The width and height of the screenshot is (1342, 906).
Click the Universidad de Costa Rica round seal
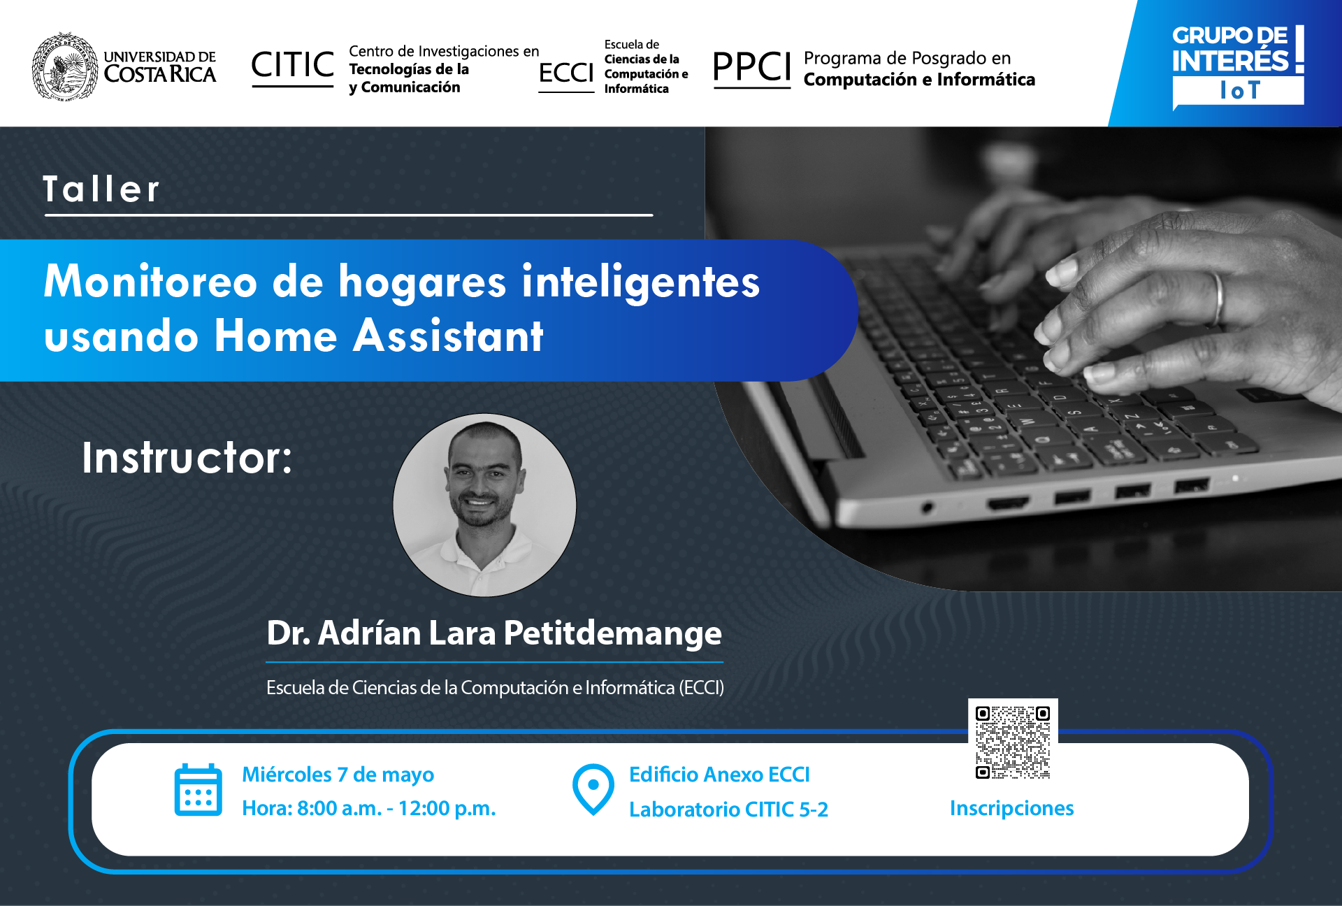(x=65, y=66)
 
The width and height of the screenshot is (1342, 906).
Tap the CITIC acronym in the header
(x=292, y=65)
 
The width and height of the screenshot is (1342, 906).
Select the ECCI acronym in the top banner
(x=565, y=73)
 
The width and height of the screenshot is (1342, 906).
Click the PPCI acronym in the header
(x=751, y=67)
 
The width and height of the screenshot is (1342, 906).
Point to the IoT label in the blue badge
(x=1239, y=90)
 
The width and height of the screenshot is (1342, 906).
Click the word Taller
(x=101, y=189)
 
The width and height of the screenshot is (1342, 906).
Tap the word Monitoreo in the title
(x=150, y=282)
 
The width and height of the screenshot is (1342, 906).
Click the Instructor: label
(x=187, y=458)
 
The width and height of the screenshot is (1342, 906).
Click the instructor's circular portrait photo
(x=484, y=505)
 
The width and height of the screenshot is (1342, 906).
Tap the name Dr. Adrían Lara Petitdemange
(x=494, y=633)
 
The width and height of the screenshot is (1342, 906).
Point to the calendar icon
(x=199, y=790)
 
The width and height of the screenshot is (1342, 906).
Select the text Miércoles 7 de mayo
(x=338, y=775)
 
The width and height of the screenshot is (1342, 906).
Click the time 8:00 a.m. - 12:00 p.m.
(x=396, y=808)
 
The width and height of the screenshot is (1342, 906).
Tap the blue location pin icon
(x=593, y=789)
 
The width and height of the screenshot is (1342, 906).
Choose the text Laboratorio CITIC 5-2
(x=728, y=810)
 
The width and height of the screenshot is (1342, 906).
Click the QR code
(x=1013, y=742)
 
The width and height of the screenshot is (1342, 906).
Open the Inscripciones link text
(x=1011, y=808)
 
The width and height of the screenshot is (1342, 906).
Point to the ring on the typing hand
(x=1219, y=298)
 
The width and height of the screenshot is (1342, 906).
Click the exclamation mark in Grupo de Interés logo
(x=1299, y=49)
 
